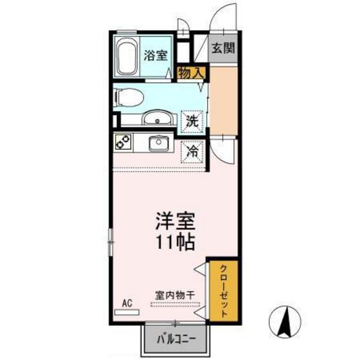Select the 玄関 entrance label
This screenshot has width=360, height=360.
coord(222,48)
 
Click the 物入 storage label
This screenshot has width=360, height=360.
coord(191,72)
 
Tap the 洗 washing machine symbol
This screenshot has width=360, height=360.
coord(192,119)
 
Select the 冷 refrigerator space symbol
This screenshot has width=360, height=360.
coord(192,152)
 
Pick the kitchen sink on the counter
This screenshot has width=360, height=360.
coord(157,142)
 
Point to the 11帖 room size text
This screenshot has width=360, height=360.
coord(172,244)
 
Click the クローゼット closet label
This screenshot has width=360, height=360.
coord(222,291)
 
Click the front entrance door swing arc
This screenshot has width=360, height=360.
coord(222,19)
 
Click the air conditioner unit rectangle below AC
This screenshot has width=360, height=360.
coord(127,312)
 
